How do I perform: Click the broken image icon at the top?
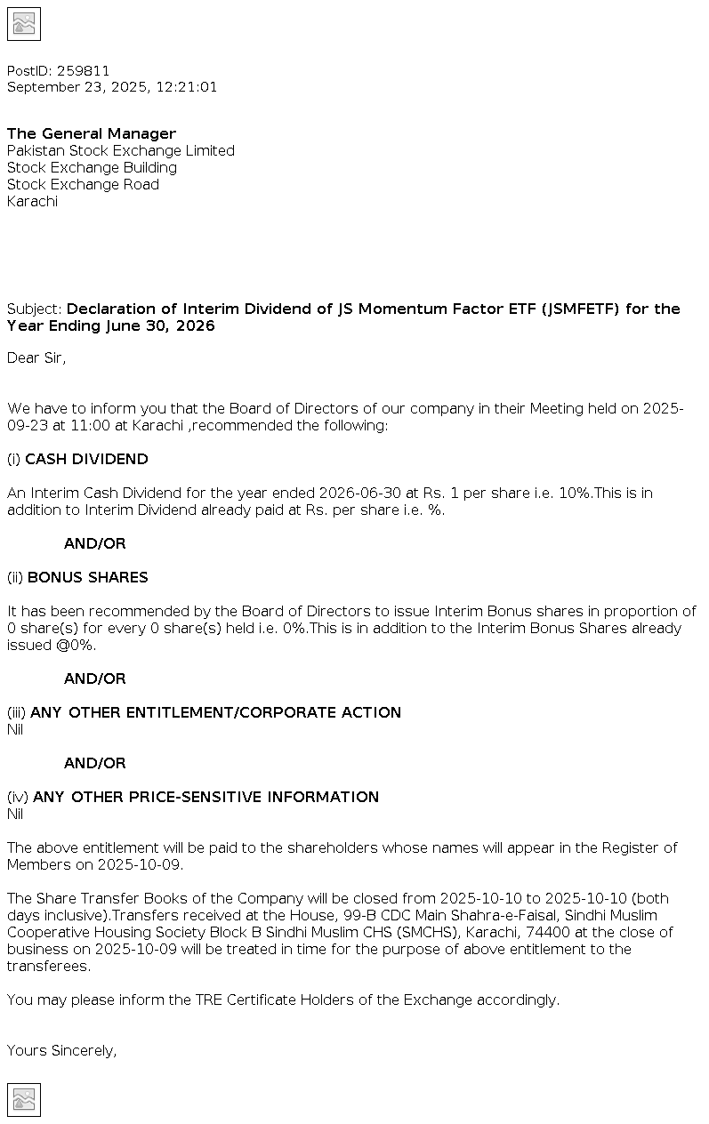[x=24, y=24]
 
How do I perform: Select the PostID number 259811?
[x=84, y=71]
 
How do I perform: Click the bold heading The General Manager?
[x=92, y=134]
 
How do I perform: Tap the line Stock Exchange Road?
[x=83, y=185]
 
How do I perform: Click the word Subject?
[x=35, y=309]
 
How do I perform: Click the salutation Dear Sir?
[x=36, y=358]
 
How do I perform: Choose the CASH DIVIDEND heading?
[x=86, y=460]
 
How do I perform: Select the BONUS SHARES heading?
[x=87, y=578]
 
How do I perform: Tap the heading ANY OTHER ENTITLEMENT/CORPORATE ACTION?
[x=215, y=713]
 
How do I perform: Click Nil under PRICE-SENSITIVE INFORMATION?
[x=15, y=815]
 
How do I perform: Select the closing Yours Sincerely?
[x=61, y=1051]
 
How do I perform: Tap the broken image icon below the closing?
[x=24, y=1100]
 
